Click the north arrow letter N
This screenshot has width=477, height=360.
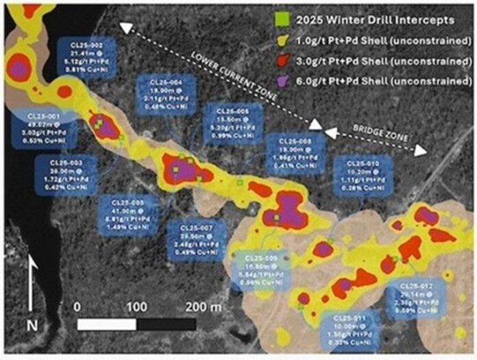[x=31, y=325]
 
